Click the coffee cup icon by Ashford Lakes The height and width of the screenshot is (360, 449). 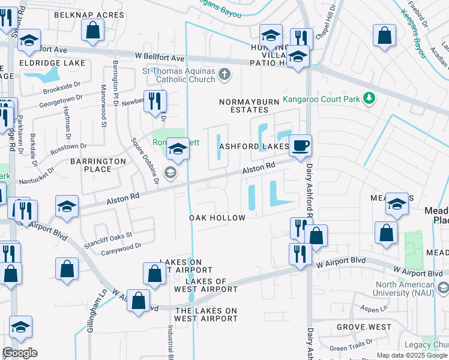coord(300,145)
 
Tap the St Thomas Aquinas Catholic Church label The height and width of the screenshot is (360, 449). coord(178,75)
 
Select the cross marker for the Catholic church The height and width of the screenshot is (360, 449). coord(224,74)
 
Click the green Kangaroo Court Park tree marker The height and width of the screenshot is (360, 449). coord(371,97)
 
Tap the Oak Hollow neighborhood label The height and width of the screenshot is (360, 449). coord(217,218)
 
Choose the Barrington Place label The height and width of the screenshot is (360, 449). coord(98,165)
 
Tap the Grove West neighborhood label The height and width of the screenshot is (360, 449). coord(364,327)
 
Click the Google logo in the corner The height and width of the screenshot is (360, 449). coord(20,353)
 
